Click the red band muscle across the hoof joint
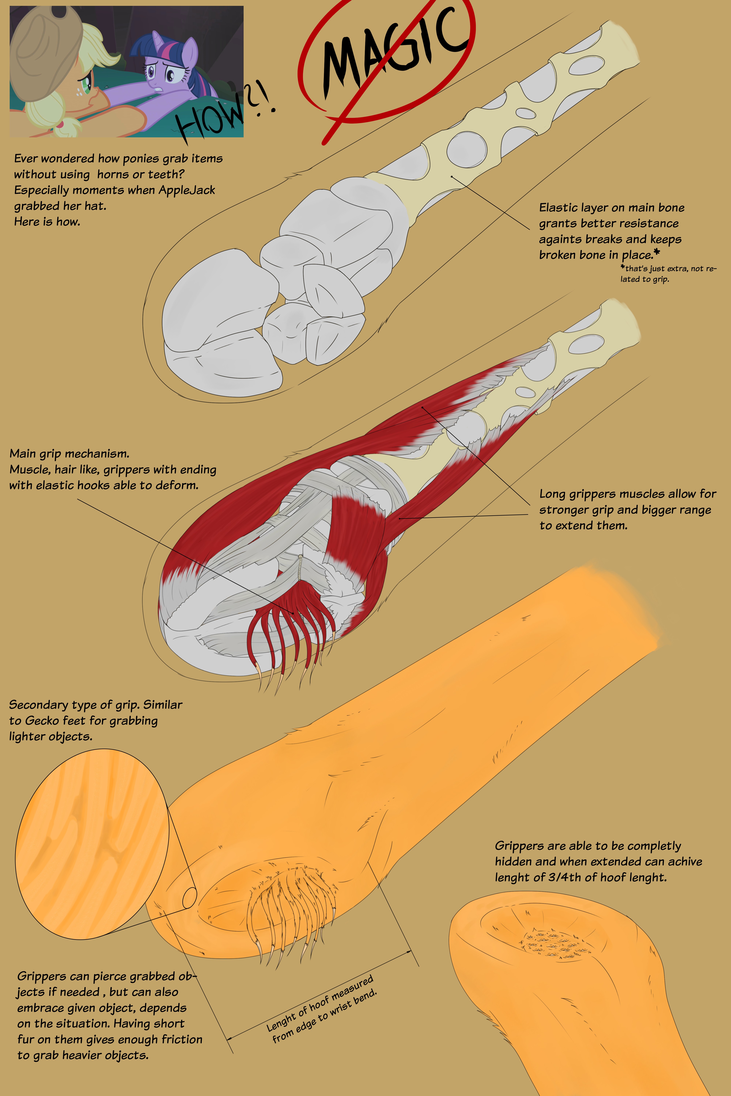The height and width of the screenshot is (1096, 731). click(357, 527)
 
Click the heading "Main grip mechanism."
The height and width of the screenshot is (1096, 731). click(69, 453)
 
